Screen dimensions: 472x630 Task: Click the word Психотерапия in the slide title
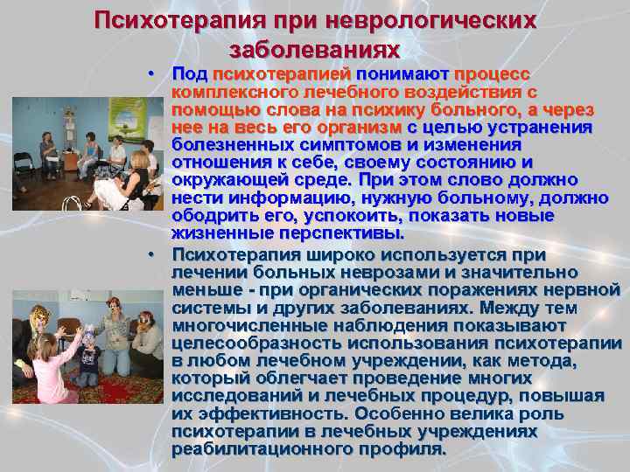(163, 20)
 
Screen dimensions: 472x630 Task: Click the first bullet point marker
(152, 72)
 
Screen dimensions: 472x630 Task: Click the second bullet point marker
(152, 254)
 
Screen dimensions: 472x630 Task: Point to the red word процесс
(492, 73)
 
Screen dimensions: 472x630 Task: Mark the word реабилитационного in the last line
(253, 449)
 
